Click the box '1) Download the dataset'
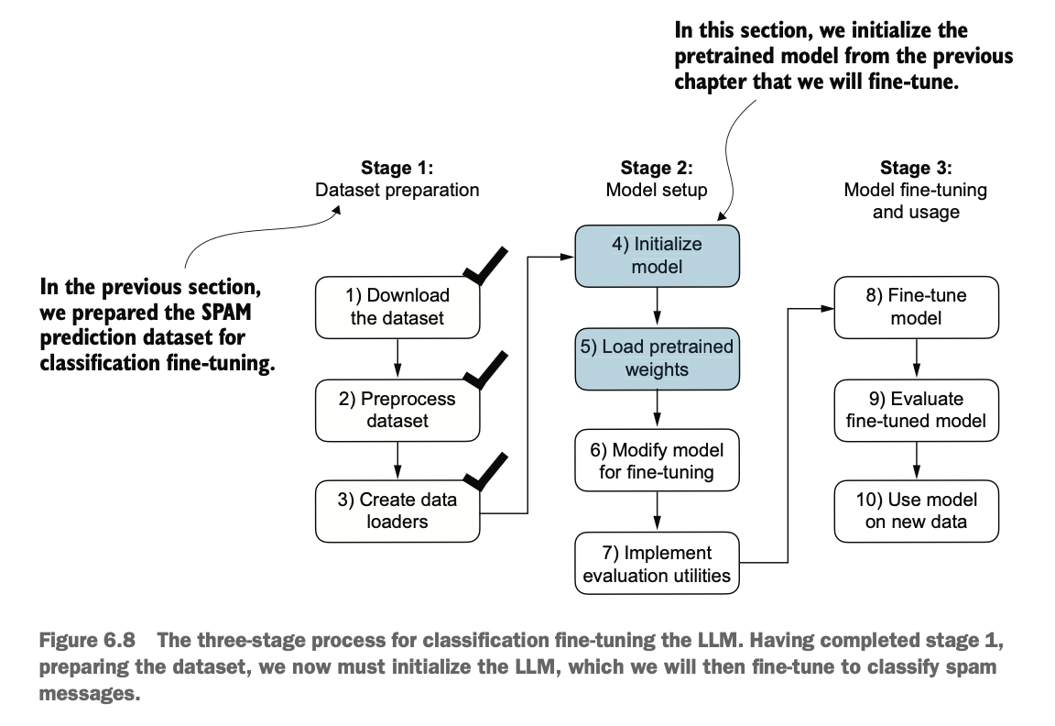point(397,307)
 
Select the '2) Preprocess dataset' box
point(397,410)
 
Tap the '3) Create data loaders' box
point(397,511)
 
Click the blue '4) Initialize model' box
point(657,256)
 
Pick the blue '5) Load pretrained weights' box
point(657,359)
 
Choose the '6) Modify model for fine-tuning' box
point(657,461)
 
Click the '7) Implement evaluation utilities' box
point(657,564)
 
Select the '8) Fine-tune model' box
point(917,307)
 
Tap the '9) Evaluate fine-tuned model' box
point(917,410)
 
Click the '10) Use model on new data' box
point(917,511)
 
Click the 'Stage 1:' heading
point(397,168)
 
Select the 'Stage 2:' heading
point(657,168)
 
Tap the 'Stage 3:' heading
point(917,168)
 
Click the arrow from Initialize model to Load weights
point(657,307)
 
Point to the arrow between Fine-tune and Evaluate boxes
point(917,358)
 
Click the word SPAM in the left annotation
point(227,313)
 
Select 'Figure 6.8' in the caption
point(87,640)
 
